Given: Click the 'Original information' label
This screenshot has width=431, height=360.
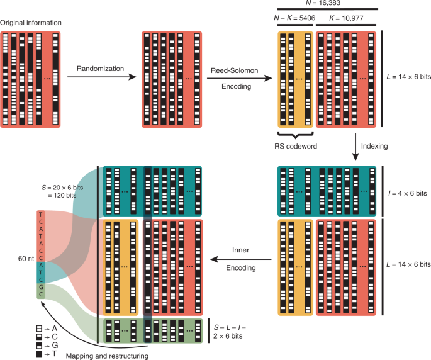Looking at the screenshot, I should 31,23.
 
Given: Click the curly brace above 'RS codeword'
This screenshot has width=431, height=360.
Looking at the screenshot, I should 294,135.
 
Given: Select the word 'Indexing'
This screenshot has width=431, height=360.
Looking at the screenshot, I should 384,145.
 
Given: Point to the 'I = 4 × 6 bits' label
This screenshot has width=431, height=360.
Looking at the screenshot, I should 407,193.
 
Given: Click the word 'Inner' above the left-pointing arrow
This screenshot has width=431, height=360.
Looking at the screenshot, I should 240,250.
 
